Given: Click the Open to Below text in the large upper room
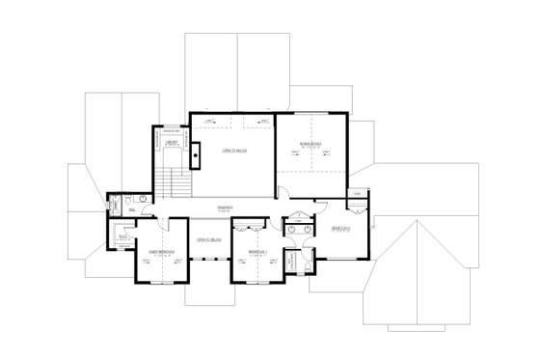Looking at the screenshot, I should pos(232,152).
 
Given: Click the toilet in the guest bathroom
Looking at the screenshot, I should pos(130,205).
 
